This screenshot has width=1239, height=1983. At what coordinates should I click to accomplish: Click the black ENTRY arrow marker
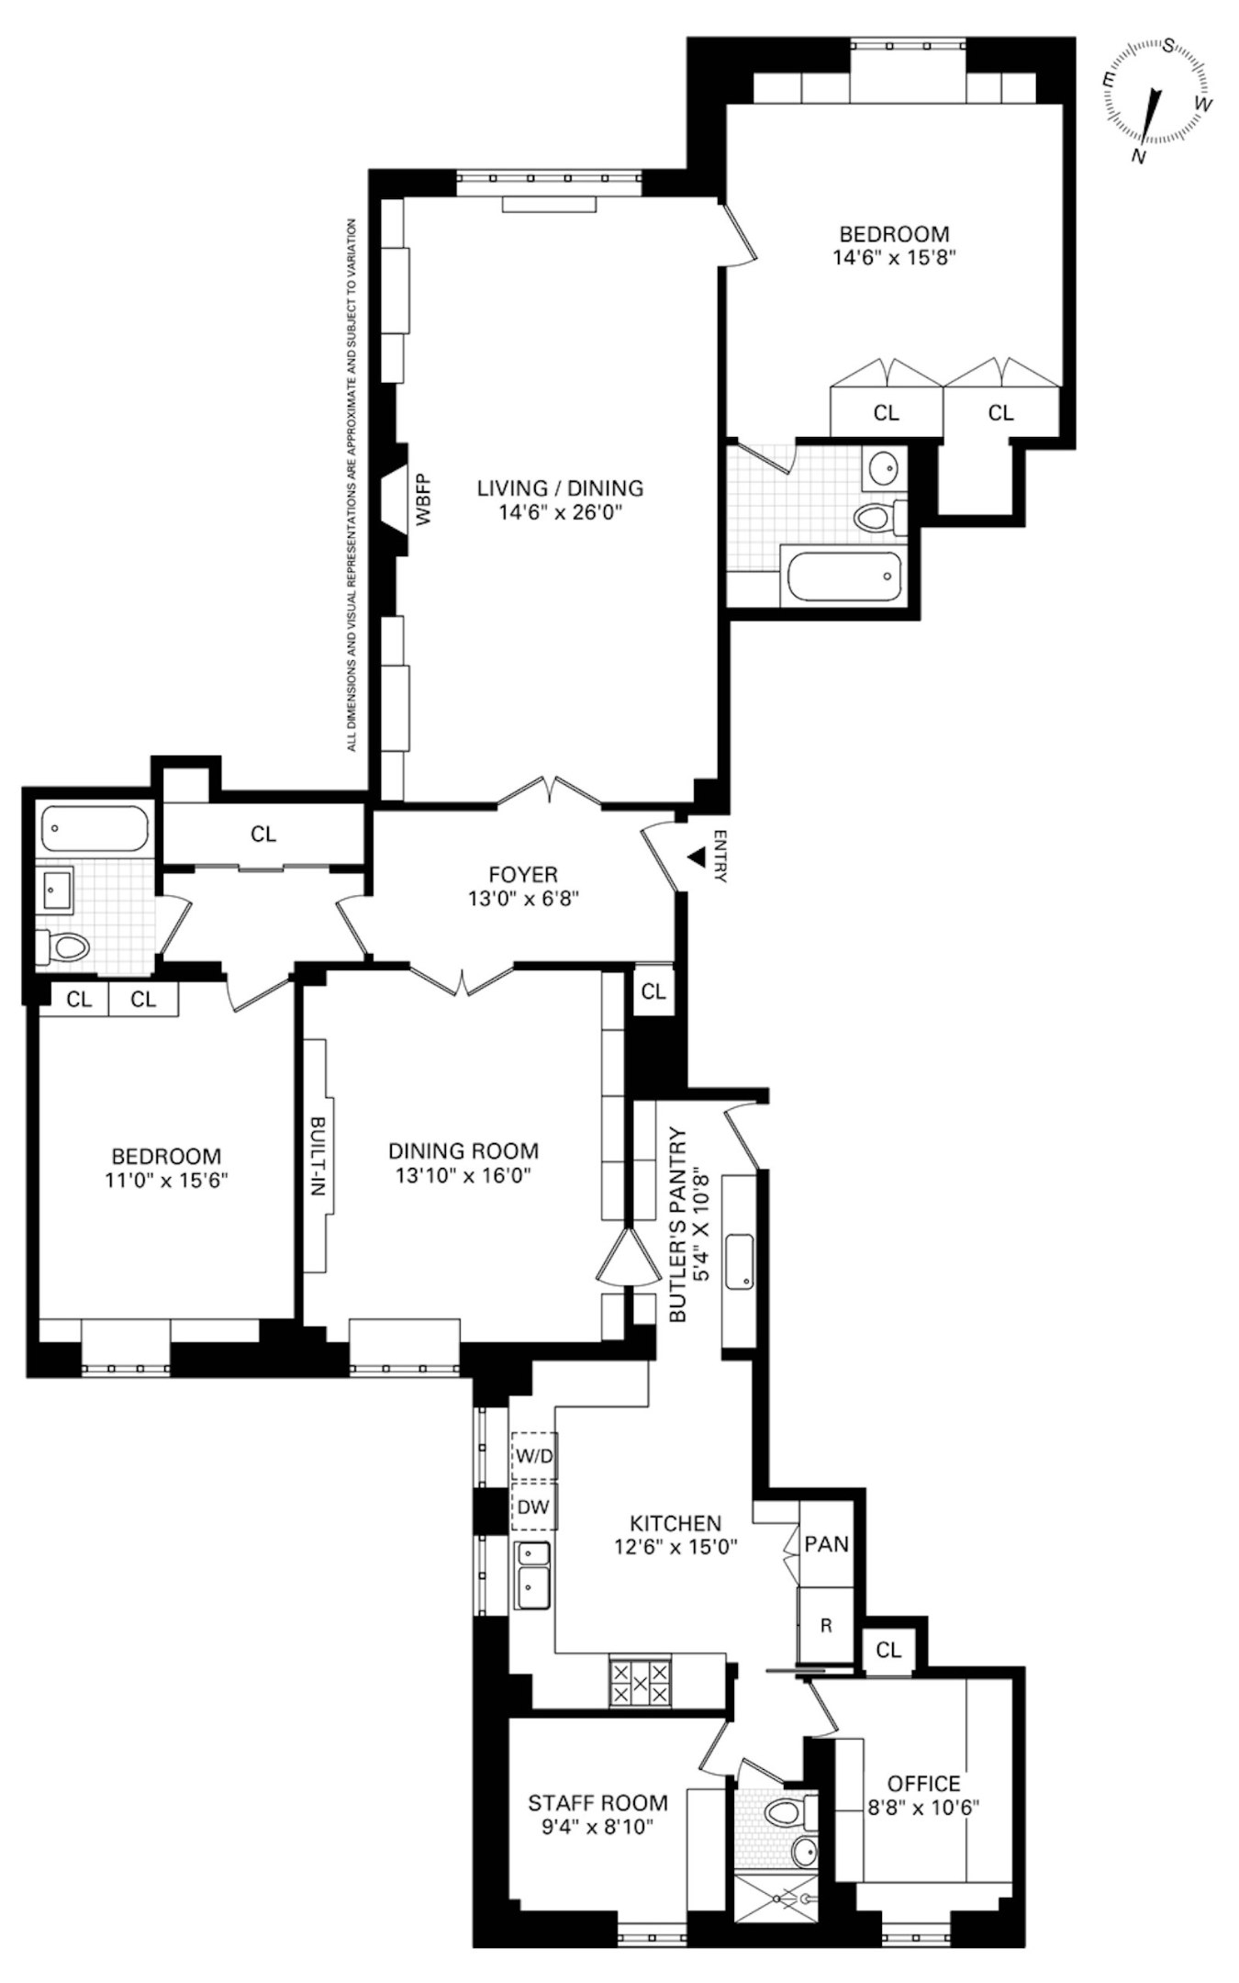point(698,857)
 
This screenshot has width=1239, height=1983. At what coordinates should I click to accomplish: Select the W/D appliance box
point(533,1456)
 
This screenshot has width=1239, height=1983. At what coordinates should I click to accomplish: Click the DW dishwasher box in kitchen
point(533,1506)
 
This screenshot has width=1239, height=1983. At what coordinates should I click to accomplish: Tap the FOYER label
point(523,875)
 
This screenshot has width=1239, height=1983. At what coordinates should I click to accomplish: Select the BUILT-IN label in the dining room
point(317,1156)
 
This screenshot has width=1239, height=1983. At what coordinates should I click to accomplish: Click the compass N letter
point(1139,157)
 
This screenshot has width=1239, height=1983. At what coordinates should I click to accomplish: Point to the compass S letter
point(1170,46)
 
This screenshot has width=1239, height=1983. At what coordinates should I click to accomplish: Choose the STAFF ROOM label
point(597,1803)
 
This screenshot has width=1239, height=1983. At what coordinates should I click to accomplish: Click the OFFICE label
point(924,1784)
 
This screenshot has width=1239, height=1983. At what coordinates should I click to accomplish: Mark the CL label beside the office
point(888,1650)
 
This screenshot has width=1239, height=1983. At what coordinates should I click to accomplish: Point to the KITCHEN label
point(675,1523)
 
